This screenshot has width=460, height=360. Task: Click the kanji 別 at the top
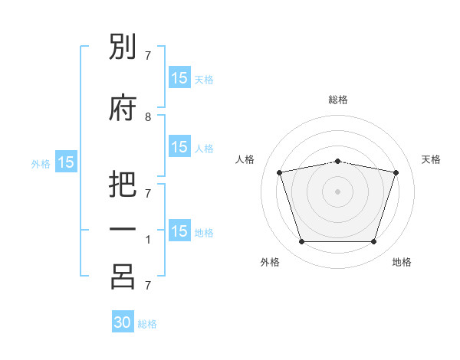[123, 46]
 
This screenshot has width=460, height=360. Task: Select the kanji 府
[123, 107]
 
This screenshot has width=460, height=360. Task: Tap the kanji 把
[123, 184]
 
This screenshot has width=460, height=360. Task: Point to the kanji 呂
[123, 277]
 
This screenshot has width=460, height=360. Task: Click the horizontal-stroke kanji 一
[123, 229]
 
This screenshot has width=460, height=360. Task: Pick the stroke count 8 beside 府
[148, 117]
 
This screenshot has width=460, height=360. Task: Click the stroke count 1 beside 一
[148, 240]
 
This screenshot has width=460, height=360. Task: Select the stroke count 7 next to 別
[148, 56]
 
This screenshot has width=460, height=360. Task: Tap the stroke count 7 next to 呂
[148, 285]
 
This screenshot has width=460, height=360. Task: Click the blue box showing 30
[123, 321]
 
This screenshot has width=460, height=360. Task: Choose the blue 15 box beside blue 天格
[180, 77]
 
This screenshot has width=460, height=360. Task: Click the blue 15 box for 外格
[66, 162]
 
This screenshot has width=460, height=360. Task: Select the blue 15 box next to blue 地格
[180, 230]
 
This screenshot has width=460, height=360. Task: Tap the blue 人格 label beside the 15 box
[204, 149]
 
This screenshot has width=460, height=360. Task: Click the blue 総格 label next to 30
[147, 324]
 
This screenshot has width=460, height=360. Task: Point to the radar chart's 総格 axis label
[338, 100]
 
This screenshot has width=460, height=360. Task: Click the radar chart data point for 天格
[396, 172]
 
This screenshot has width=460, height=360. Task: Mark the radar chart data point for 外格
[301, 241]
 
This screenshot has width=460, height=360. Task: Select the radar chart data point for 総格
[337, 162]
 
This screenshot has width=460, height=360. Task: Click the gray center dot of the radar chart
[337, 191]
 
